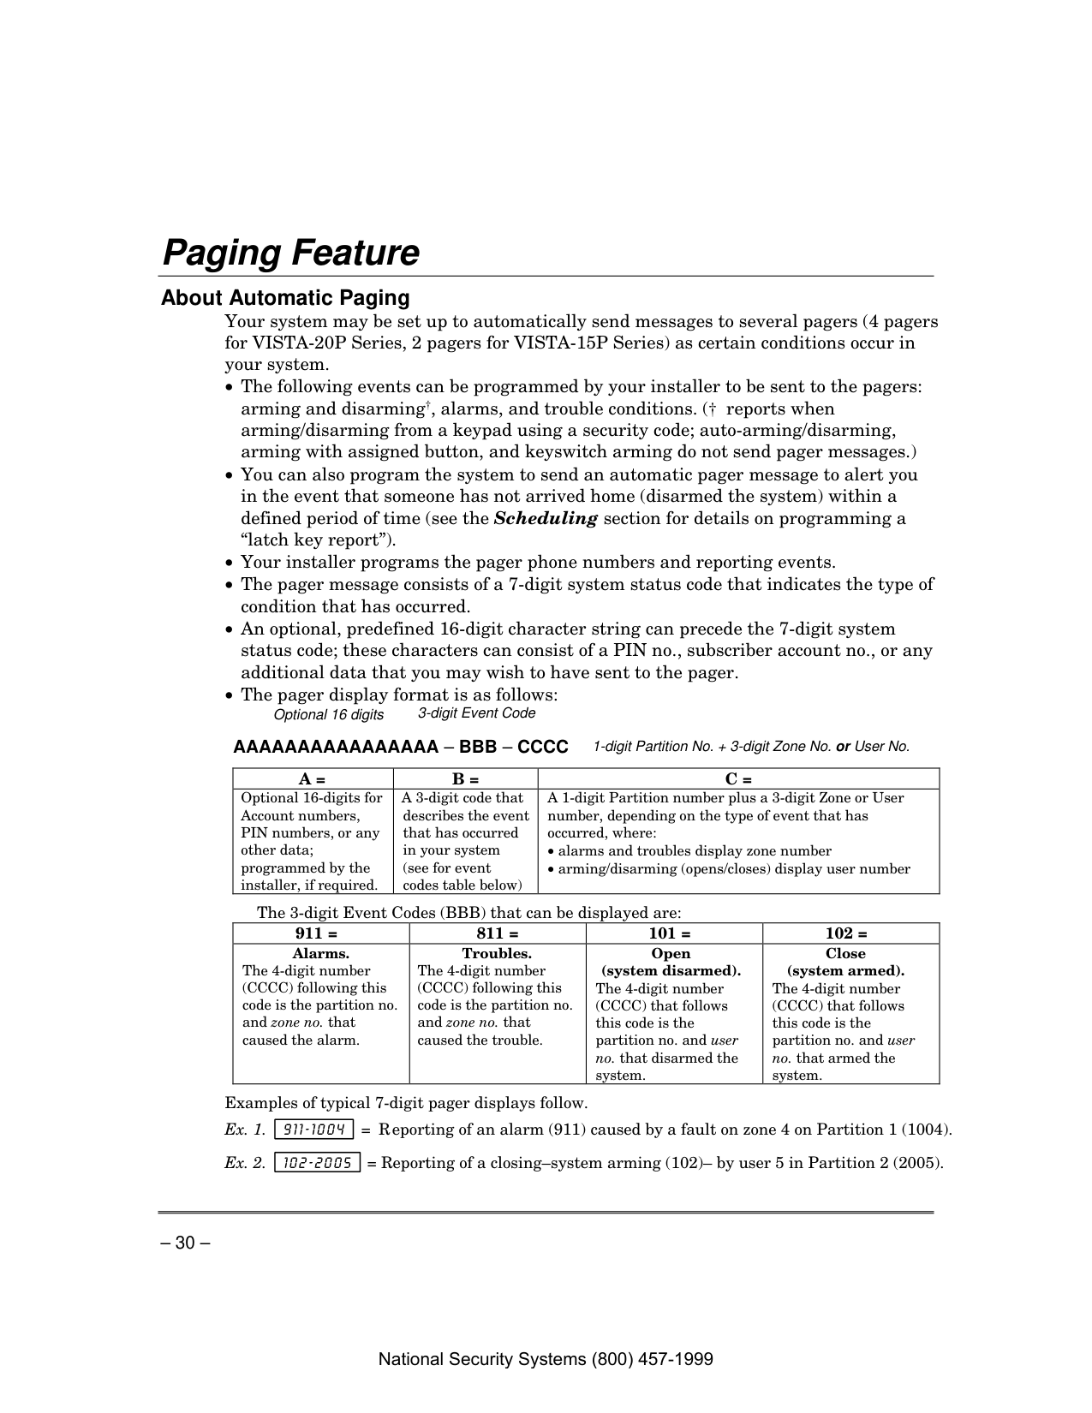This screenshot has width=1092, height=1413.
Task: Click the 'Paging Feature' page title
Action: coord(290,253)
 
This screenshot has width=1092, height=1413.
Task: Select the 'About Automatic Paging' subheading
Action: coord(285,298)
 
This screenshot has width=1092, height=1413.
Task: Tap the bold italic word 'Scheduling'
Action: coord(546,518)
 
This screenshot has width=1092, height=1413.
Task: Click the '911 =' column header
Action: coord(320,933)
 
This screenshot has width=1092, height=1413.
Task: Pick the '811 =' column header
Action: coord(497,933)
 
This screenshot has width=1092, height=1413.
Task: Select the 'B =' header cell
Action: coord(465,779)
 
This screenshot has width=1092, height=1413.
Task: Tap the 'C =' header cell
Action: coord(738,779)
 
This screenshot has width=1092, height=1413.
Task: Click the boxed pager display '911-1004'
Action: coord(313,1130)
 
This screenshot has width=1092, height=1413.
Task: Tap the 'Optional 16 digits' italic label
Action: coord(328,715)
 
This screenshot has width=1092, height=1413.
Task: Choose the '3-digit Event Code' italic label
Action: coord(476,713)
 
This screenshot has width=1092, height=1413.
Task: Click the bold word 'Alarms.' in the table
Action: coord(320,953)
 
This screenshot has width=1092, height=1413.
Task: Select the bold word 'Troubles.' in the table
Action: coord(497,953)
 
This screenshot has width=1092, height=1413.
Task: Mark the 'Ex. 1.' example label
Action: coord(245,1130)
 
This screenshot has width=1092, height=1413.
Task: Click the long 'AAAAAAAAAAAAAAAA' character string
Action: coord(336,747)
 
